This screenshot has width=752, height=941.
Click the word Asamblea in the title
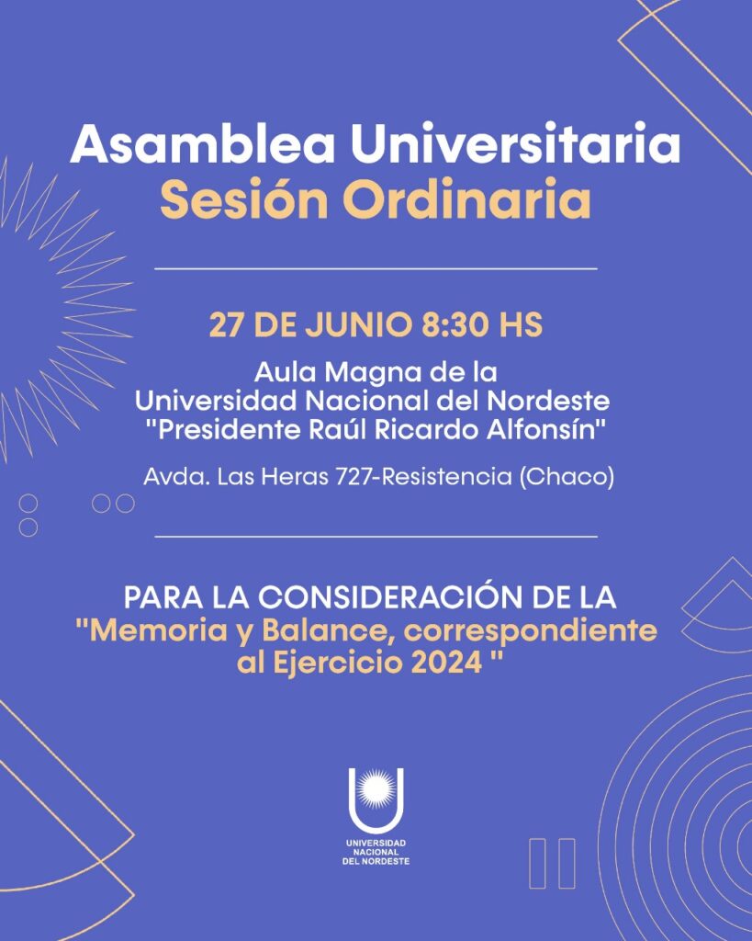click(203, 143)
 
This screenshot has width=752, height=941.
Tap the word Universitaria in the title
click(516, 143)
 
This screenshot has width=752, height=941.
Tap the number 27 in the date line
click(225, 324)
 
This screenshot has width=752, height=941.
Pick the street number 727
click(357, 477)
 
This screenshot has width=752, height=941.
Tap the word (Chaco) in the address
click(567, 478)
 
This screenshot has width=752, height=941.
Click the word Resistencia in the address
click(450, 477)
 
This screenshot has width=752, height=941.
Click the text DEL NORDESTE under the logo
click(376, 861)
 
